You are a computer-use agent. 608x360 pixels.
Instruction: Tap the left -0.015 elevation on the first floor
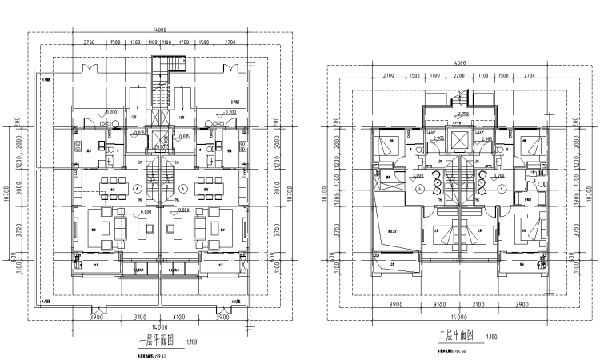tap(138, 134)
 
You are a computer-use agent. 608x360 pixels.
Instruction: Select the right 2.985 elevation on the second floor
tap(485, 138)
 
